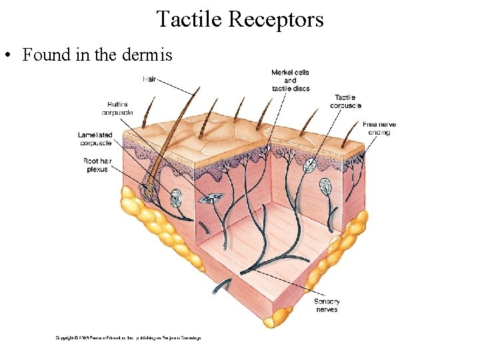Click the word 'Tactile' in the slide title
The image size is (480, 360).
click(x=190, y=19)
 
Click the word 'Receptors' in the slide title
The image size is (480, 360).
click(x=275, y=19)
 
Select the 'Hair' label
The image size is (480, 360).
click(x=151, y=79)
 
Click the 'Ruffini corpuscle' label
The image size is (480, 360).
click(x=117, y=108)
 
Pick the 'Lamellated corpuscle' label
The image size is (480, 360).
click(x=95, y=139)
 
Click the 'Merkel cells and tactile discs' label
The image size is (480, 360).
click(x=290, y=80)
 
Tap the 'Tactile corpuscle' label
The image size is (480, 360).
click(x=345, y=101)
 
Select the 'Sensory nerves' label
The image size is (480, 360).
click(x=327, y=305)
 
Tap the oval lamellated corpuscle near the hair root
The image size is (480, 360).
click(x=176, y=197)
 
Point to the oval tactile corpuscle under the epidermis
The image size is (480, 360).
click(x=310, y=165)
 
